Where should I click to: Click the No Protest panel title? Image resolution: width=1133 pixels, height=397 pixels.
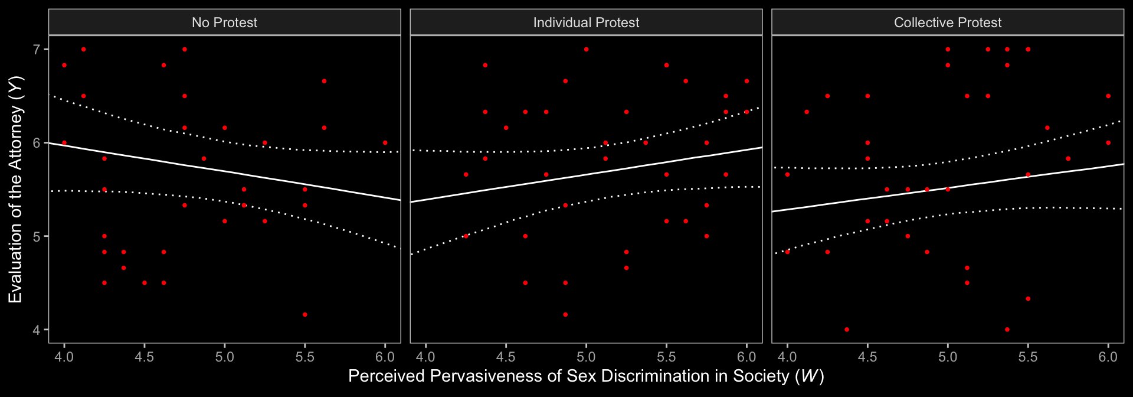[224, 22]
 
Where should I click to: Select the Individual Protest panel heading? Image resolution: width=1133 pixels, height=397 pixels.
[586, 22]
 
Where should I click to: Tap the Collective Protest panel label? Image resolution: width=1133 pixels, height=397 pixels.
[947, 22]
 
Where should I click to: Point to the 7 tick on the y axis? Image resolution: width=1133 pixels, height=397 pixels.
[37, 50]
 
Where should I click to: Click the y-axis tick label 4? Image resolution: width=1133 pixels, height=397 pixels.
[37, 330]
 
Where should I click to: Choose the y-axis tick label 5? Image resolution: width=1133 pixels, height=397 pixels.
[37, 236]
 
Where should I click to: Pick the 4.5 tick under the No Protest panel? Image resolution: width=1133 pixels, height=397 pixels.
[145, 357]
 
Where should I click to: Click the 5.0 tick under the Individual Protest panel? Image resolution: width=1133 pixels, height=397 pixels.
[586, 357]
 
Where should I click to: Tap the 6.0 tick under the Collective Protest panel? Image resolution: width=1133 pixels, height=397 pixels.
[1108, 357]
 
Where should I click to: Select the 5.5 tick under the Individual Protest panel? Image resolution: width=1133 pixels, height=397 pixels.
[666, 357]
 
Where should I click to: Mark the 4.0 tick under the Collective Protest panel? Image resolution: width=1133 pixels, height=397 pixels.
[787, 357]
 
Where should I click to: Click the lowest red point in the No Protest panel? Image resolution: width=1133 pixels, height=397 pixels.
[304, 315]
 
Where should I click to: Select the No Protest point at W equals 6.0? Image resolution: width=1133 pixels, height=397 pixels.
[385, 143]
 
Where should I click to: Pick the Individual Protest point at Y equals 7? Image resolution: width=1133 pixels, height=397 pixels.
[586, 50]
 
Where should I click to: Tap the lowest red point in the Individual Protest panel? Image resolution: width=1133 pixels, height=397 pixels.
[565, 315]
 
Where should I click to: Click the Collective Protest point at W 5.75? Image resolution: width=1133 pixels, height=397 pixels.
[1068, 159]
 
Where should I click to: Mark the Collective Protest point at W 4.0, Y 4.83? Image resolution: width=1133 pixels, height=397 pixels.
[787, 252]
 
